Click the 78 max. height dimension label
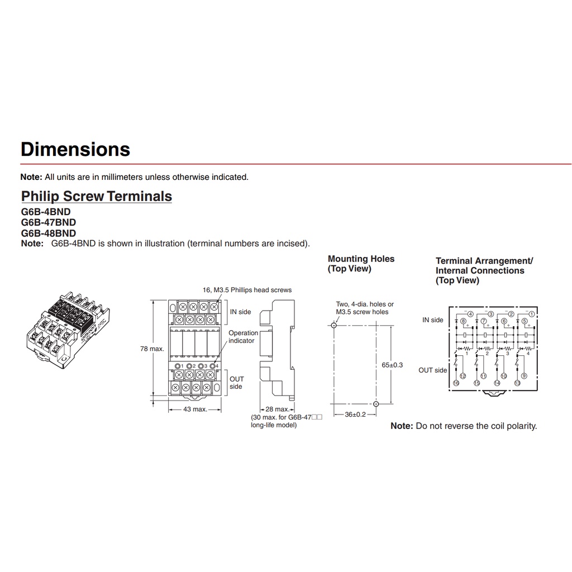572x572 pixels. coord(152,349)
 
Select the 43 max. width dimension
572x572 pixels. coord(196,409)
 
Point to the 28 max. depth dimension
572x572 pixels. coord(278,409)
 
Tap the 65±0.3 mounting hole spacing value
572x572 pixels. coord(392,365)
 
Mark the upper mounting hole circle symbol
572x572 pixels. coord(333,325)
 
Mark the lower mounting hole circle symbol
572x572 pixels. coord(375,403)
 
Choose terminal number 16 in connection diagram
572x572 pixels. coord(456,383)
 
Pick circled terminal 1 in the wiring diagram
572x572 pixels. coord(532,314)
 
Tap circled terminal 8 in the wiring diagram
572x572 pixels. coord(463,321)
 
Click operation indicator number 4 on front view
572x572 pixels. coord(213,365)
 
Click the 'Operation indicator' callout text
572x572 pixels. coord(243,337)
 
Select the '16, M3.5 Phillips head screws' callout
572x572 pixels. coord(246,290)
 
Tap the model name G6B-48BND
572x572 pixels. coord(48,233)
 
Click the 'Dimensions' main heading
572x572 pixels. coord(75,149)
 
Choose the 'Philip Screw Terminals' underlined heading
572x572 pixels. coord(96,197)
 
